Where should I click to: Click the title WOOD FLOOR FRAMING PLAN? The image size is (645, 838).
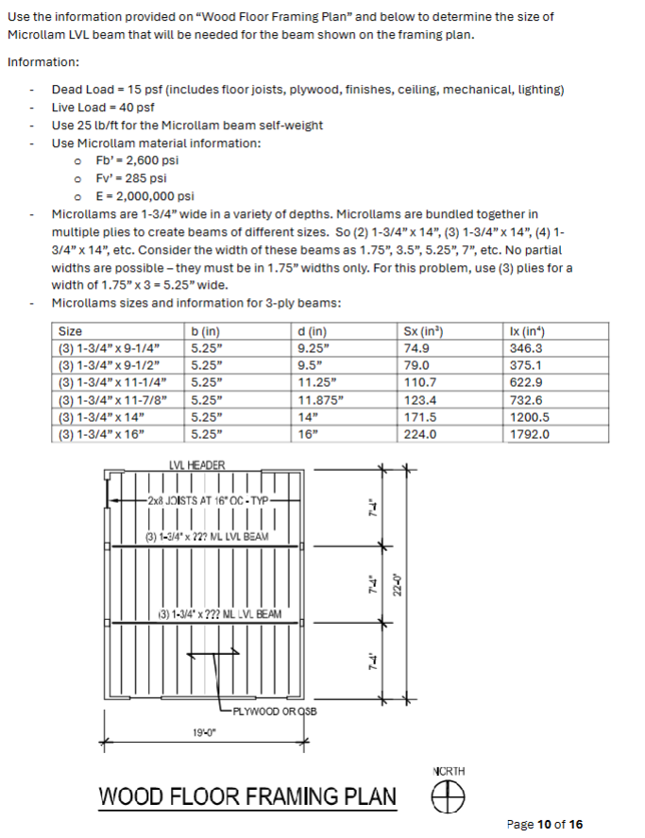[x=248, y=796]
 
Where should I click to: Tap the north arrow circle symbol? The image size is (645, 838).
[x=450, y=798]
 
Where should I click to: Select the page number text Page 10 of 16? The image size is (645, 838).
[x=544, y=824]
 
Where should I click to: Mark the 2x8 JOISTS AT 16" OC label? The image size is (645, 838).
[x=208, y=500]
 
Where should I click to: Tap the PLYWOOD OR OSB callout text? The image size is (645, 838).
[x=273, y=711]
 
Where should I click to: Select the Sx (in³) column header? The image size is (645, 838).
[x=423, y=331]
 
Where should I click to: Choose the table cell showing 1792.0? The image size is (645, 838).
[x=529, y=434]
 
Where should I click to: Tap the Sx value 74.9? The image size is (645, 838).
[x=416, y=348]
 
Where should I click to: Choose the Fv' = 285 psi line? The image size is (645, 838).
[x=131, y=178]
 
